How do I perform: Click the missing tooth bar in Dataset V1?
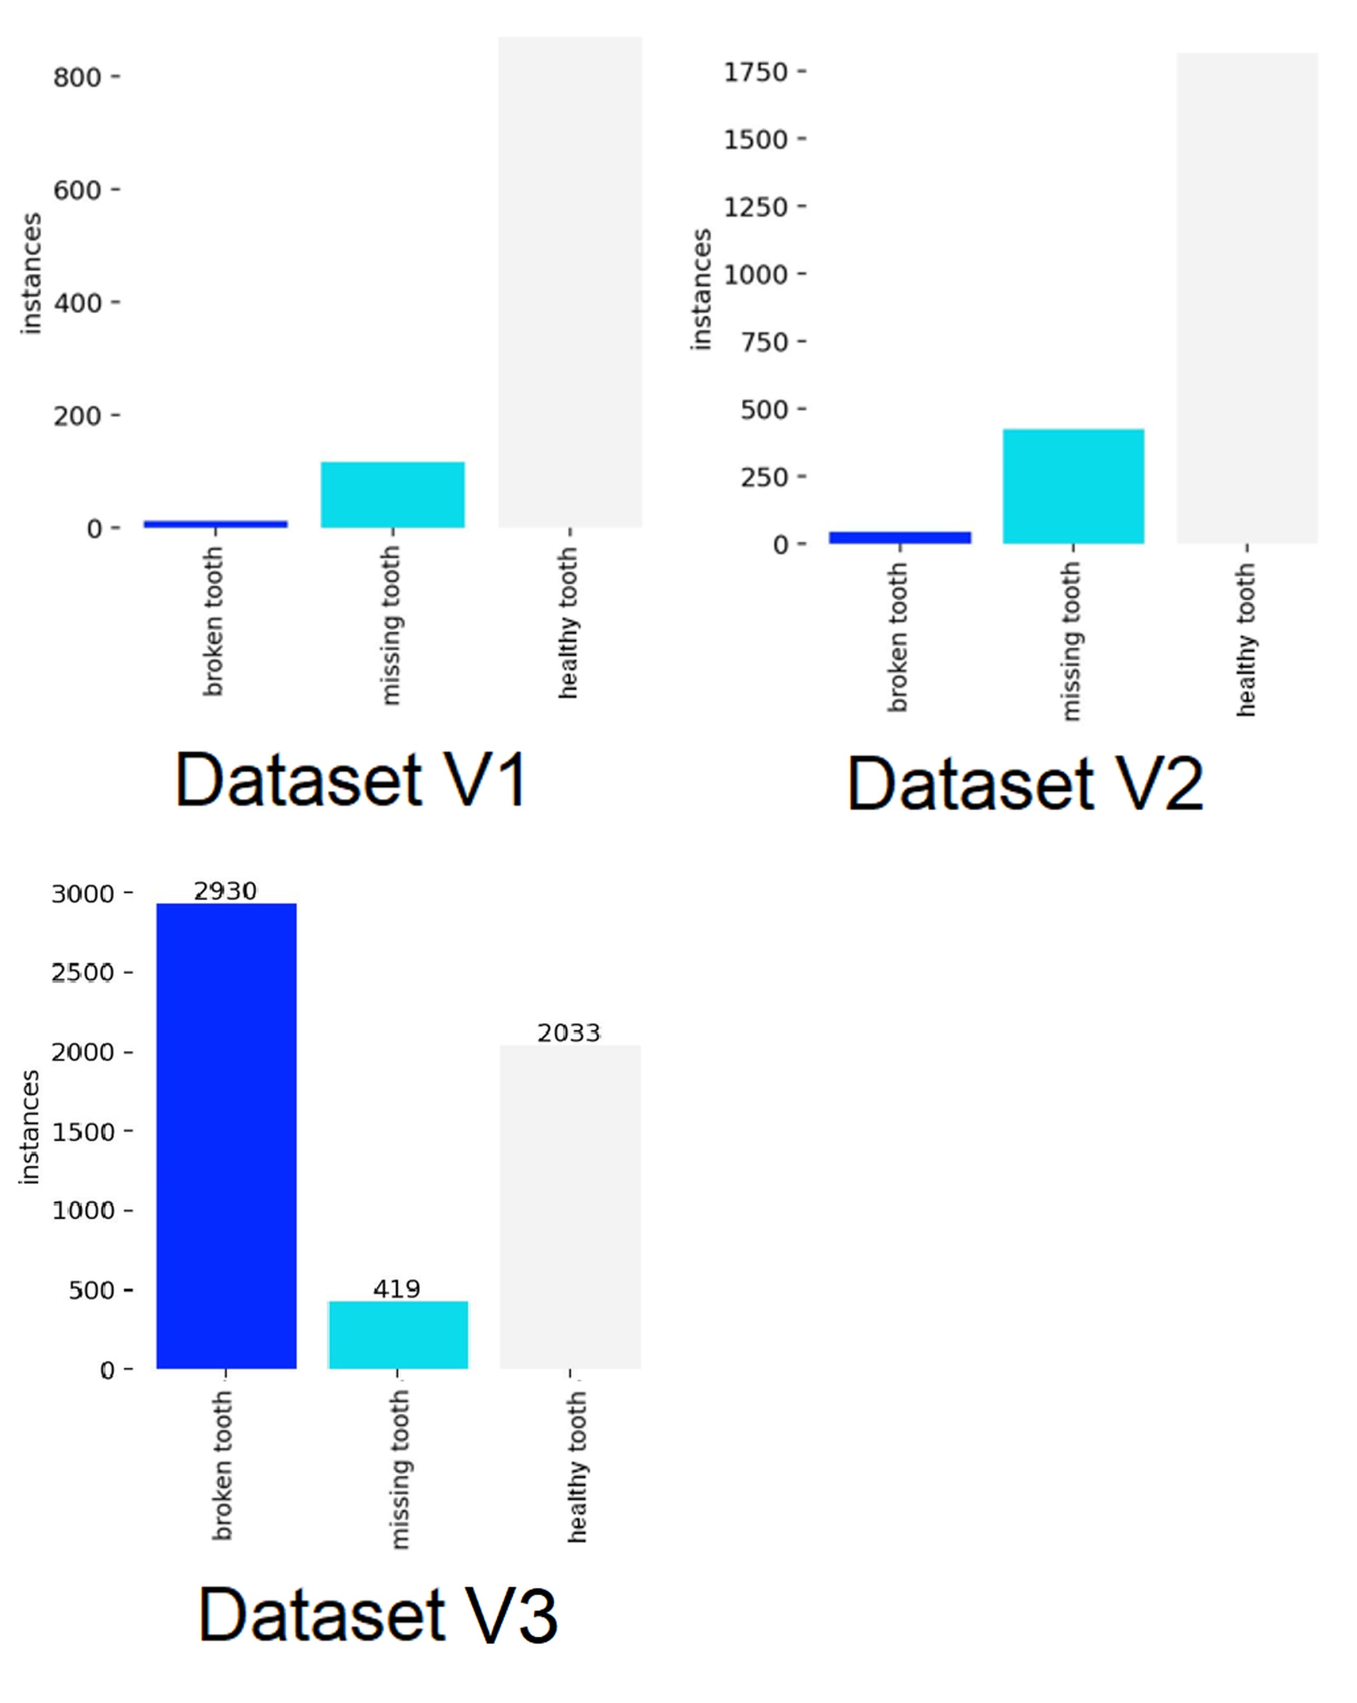pyautogui.click(x=392, y=494)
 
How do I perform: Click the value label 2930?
pyautogui.click(x=225, y=891)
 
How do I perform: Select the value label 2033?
pyautogui.click(x=569, y=1032)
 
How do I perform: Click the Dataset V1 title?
pyautogui.click(x=351, y=780)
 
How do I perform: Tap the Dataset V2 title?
pyautogui.click(x=1025, y=784)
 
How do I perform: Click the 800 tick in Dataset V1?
pyautogui.click(x=77, y=77)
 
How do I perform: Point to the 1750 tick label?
pyautogui.click(x=756, y=72)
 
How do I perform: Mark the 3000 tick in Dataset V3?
pyautogui.click(x=83, y=894)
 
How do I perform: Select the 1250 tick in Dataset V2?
pyautogui.click(x=756, y=207)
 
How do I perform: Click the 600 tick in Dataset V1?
pyautogui.click(x=77, y=191)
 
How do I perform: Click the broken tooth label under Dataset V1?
pyautogui.click(x=213, y=622)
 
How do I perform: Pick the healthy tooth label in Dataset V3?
pyautogui.click(x=577, y=1468)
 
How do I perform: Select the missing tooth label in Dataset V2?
pyautogui.click(x=1071, y=642)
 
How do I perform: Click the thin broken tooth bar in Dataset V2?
pyautogui.click(x=900, y=537)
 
